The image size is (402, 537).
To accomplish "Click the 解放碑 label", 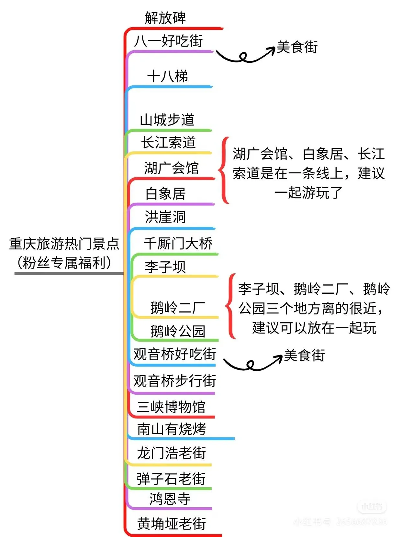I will [165, 18].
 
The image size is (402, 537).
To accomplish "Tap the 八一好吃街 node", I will [168, 41].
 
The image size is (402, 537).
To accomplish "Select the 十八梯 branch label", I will [167, 77].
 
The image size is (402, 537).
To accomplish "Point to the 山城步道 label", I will [167, 120].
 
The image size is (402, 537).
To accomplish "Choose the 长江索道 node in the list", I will [168, 143].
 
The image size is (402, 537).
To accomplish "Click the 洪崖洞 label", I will [165, 217].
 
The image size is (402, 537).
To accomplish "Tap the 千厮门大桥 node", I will [178, 243].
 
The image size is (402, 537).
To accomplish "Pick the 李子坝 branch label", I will [165, 267].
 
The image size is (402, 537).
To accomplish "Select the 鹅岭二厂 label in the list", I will [177, 307].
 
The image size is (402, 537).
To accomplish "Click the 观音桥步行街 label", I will [174, 381].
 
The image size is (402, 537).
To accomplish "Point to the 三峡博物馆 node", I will [171, 407].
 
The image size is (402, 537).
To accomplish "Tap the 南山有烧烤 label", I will [172, 430].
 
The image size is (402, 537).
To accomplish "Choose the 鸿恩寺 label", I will [170, 499].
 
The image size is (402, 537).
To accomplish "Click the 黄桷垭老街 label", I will [172, 524].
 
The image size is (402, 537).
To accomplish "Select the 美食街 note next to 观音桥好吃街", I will [304, 355].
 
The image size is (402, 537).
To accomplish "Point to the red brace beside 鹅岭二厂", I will [231, 306].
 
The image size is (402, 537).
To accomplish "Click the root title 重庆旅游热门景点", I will [64, 244].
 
